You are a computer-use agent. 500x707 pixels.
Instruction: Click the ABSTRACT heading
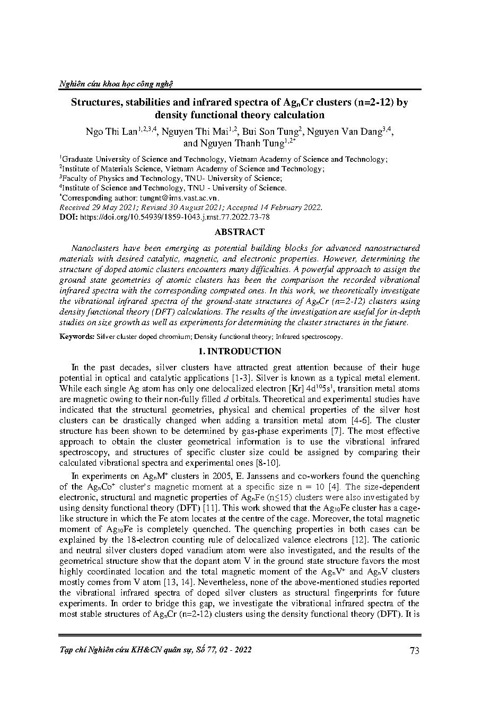tap(239, 232)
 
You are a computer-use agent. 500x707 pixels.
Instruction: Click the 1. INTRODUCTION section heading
tap(239, 351)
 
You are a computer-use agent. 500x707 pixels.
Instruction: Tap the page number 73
tap(415, 650)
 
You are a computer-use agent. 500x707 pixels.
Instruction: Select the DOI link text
tap(174, 217)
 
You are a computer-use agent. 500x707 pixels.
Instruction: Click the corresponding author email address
tap(170, 198)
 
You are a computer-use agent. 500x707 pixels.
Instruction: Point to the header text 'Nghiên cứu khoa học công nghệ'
tap(116, 83)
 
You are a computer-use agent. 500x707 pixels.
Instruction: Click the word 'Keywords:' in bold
tap(77, 336)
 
